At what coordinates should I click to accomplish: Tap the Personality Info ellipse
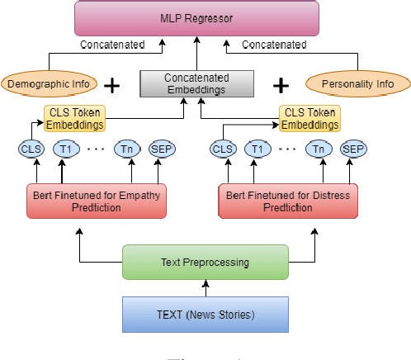(x=357, y=83)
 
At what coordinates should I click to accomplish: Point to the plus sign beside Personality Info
(x=282, y=84)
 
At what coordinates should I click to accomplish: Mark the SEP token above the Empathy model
(x=162, y=149)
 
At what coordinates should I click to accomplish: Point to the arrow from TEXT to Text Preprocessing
(x=205, y=286)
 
